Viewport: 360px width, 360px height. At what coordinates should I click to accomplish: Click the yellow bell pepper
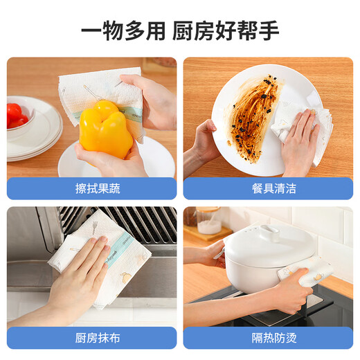coord(105,129)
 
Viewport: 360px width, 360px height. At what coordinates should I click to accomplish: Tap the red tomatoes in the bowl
coord(15,114)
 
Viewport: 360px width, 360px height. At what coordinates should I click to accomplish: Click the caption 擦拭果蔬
coord(91,188)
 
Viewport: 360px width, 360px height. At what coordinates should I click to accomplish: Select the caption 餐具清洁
coord(267,188)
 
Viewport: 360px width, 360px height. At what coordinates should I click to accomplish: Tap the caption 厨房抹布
coord(91,338)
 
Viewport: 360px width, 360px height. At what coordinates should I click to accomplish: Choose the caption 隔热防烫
coord(267,338)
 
